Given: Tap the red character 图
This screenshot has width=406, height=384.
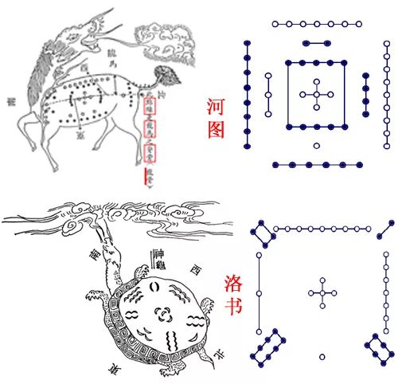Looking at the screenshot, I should point(216,129).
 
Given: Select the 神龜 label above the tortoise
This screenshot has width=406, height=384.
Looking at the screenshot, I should point(161,257).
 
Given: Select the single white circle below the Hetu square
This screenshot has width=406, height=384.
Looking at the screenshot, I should point(317,146).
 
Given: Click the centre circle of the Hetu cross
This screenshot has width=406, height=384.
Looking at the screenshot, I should point(317,95).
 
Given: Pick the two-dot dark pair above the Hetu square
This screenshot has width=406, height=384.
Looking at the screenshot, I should point(317,43).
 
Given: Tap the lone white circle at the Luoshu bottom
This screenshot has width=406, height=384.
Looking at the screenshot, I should point(322,356).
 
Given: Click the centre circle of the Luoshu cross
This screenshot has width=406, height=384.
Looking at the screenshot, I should point(322,292).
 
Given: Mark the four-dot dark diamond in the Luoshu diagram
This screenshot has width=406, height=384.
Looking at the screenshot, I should point(261,233).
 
